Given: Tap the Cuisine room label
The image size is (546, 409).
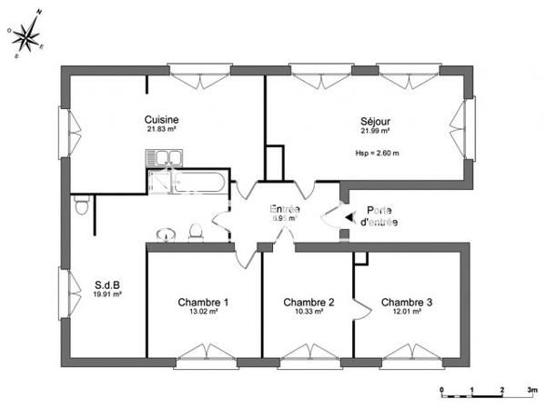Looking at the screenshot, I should [x=161, y=119].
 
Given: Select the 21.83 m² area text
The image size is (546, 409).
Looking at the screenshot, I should [x=161, y=130].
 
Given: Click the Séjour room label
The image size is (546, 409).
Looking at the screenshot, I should [x=376, y=119].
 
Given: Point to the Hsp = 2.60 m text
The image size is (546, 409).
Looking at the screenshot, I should [x=378, y=152].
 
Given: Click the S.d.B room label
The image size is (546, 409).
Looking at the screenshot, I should [x=107, y=284].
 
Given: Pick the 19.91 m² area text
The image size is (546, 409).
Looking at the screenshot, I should [x=107, y=294].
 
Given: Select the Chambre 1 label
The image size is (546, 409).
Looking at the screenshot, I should [x=203, y=303].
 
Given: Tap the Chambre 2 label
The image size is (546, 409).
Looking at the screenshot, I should [x=308, y=303].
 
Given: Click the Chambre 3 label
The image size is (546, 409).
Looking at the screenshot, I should [x=407, y=303].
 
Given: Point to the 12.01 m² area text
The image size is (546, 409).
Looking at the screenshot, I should [x=407, y=313].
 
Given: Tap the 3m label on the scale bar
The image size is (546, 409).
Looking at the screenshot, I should [x=531, y=389].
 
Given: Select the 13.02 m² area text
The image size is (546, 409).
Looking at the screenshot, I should [x=203, y=313].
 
